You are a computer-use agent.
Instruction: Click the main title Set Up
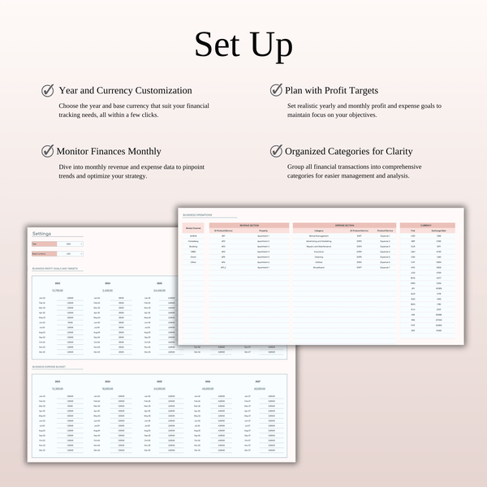pos(243,46)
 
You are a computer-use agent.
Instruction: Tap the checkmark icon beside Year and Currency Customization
pos(48,90)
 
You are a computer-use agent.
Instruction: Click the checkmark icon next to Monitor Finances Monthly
pos(48,151)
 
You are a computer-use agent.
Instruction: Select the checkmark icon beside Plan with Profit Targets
pos(276,90)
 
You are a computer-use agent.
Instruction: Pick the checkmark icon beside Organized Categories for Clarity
pos(276,151)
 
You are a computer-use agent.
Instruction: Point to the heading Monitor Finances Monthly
pos(109,151)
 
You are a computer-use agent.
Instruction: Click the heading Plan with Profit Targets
pos(332,91)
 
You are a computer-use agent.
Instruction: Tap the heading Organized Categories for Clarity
pos(348,151)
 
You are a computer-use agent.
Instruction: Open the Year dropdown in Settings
pos(70,243)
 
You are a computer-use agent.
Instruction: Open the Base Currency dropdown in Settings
pos(70,254)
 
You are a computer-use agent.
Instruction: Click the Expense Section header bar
pos(343,225)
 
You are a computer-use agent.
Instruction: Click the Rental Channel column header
pos(193,230)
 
